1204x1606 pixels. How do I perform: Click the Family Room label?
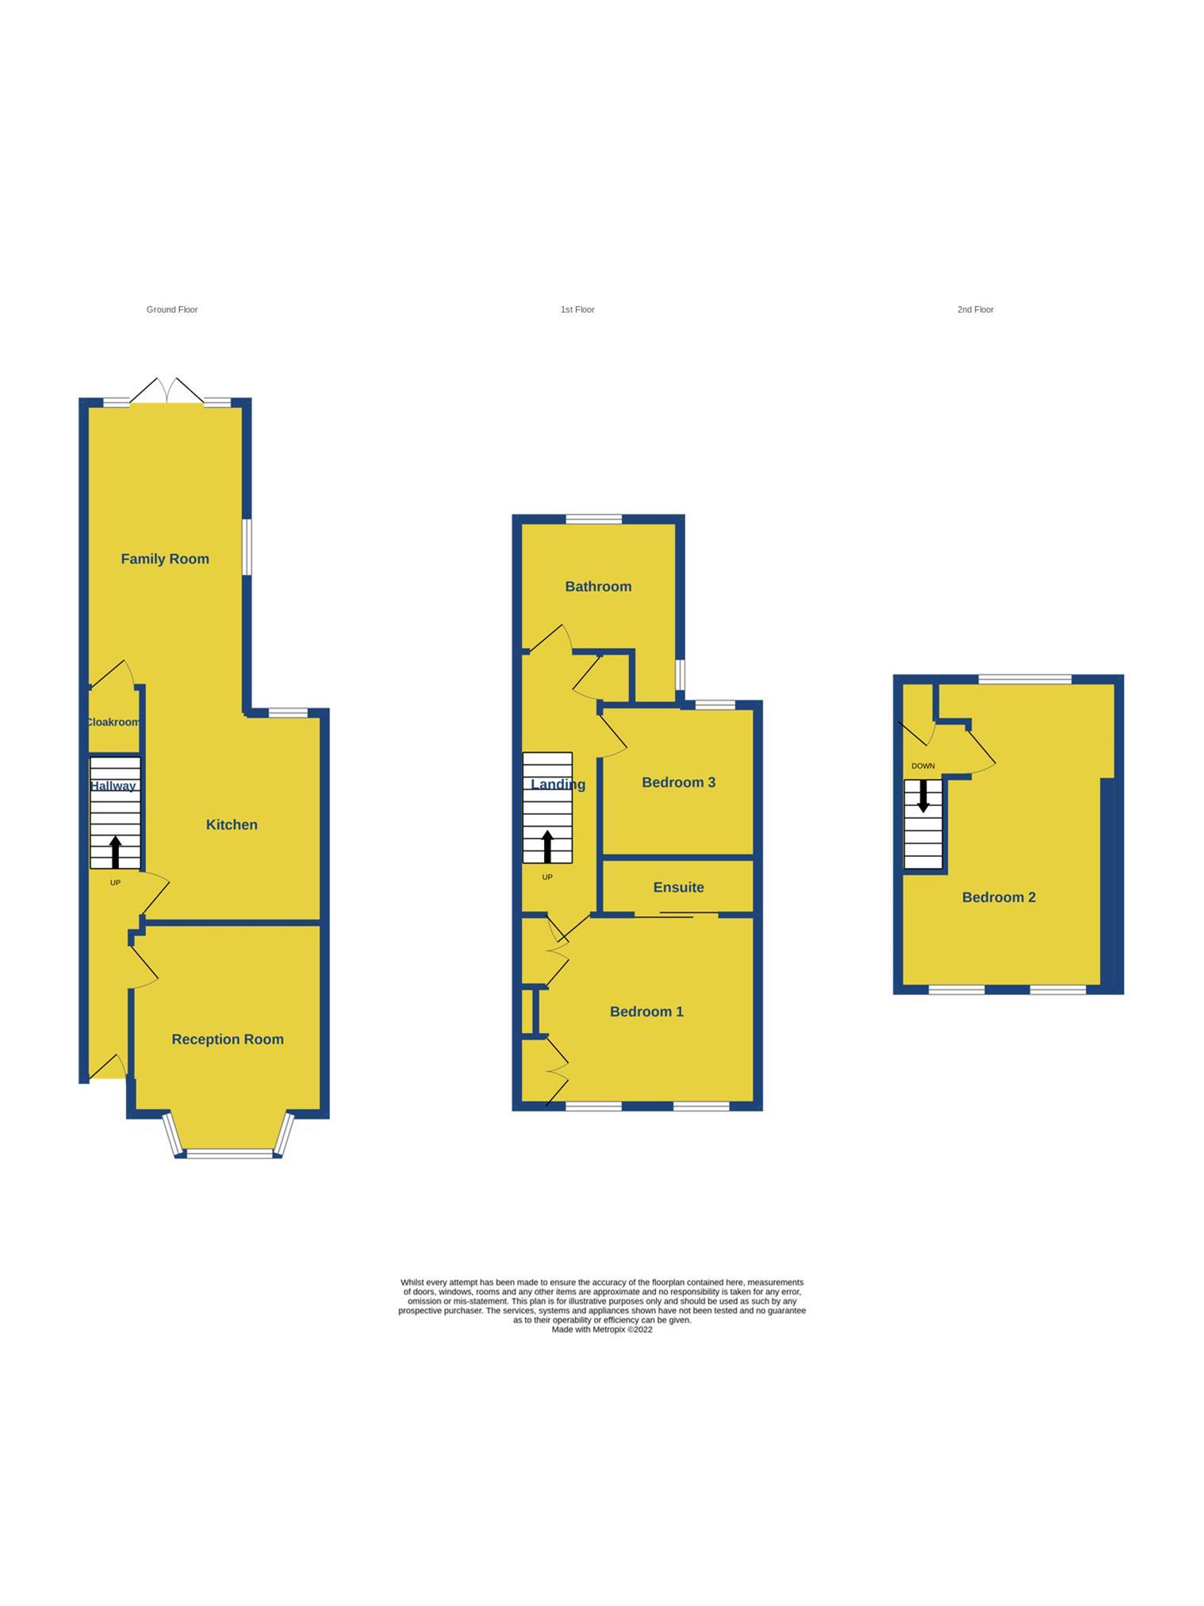pyautogui.click(x=165, y=559)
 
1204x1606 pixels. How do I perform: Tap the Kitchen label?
pyautogui.click(x=232, y=824)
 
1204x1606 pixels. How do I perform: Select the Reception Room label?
pyautogui.click(x=228, y=1039)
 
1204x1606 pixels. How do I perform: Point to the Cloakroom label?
pyautogui.click(x=113, y=722)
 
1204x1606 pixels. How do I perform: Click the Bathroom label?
pyautogui.click(x=598, y=586)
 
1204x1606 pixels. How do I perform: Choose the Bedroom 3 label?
pyautogui.click(x=678, y=782)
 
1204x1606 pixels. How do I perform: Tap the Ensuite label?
pyautogui.click(x=678, y=887)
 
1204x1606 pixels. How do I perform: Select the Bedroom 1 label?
pyautogui.click(x=646, y=1011)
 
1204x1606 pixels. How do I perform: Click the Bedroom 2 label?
pyautogui.click(x=999, y=897)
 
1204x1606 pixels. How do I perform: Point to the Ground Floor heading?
pyautogui.click(x=172, y=309)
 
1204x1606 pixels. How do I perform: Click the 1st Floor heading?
pyautogui.click(x=577, y=309)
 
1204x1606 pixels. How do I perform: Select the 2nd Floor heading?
pyautogui.click(x=975, y=309)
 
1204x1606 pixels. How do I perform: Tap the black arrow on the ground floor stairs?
pyautogui.click(x=115, y=851)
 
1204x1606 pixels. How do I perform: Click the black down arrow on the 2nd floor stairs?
pyautogui.click(x=923, y=796)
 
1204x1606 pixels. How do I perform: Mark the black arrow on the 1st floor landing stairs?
pyautogui.click(x=547, y=846)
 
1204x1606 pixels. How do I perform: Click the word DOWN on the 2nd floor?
pyautogui.click(x=923, y=766)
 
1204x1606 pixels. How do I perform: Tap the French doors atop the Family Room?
pyautogui.click(x=167, y=391)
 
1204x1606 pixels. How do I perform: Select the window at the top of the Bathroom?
pyautogui.click(x=594, y=520)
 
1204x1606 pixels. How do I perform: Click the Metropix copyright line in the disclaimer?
pyautogui.click(x=602, y=1330)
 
